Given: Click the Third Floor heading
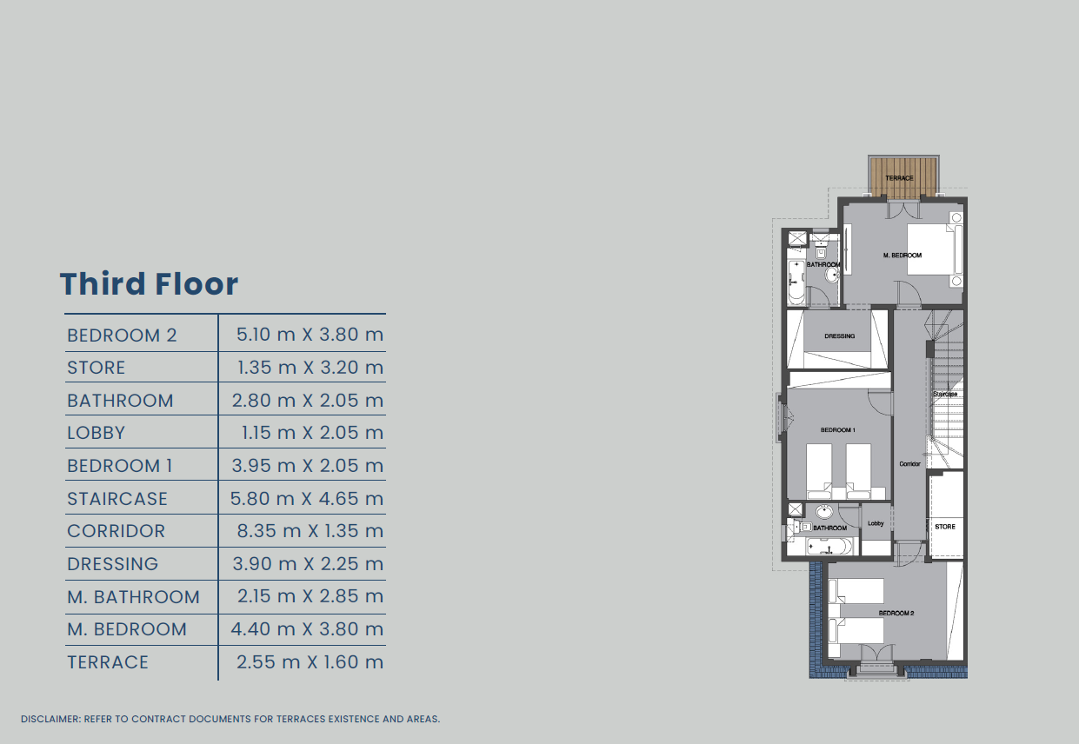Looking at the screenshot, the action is [149, 283].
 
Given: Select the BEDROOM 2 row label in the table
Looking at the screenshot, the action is [122, 335].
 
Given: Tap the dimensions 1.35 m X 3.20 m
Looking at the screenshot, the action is [310, 368].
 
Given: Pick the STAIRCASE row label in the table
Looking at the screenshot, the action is [117, 498].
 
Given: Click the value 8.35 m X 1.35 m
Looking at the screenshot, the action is [310, 531].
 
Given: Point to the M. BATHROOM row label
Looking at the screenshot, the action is [133, 596].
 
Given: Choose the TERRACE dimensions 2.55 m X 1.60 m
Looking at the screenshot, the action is [310, 661].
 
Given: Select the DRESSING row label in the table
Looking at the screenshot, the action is [112, 564].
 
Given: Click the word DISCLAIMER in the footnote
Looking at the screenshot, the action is [50, 719].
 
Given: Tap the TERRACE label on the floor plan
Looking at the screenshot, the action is [899, 178].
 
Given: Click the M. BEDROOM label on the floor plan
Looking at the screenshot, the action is [902, 256].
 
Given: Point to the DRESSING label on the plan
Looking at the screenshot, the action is [840, 336].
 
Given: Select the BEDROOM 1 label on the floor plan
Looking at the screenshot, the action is [837, 430].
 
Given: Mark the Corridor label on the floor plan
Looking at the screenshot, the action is [910, 464].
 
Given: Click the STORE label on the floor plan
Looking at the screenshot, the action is [945, 527].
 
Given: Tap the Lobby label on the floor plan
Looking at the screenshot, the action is [876, 523].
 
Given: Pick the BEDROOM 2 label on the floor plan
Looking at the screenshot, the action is [896, 613].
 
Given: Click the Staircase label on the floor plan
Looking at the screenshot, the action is [945, 394].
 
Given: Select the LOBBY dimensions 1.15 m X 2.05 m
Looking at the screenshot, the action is [312, 433].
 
